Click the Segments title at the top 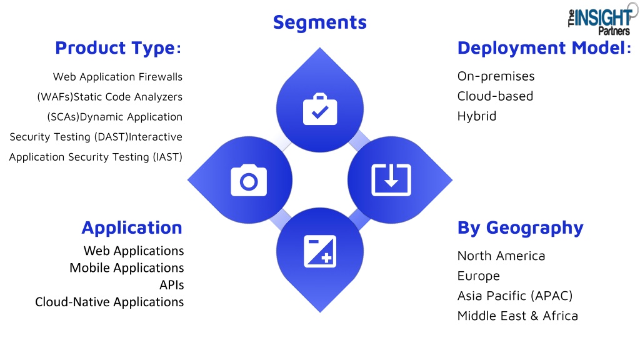coord(319,22)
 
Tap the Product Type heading coord(118,48)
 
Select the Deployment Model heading coord(544,47)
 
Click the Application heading coord(132,227)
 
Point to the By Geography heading coord(521,227)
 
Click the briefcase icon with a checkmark coord(320,109)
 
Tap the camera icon coord(249,180)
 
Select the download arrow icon coord(391,179)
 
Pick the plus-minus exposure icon coord(320,251)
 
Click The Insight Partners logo coord(601,21)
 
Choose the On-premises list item coord(496,76)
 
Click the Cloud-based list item coord(495,96)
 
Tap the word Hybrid coord(477,116)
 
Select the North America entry coord(501,256)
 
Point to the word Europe coord(478,276)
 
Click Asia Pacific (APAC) coord(515,296)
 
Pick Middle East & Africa coord(517,316)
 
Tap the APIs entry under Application coord(171,285)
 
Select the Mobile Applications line coord(126,268)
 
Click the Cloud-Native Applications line coord(109,302)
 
